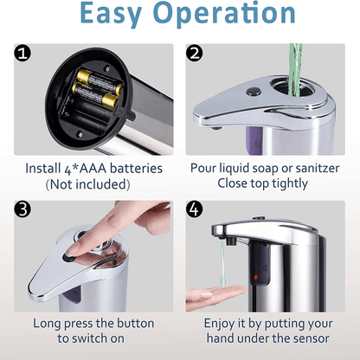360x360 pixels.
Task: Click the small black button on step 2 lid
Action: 254,91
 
